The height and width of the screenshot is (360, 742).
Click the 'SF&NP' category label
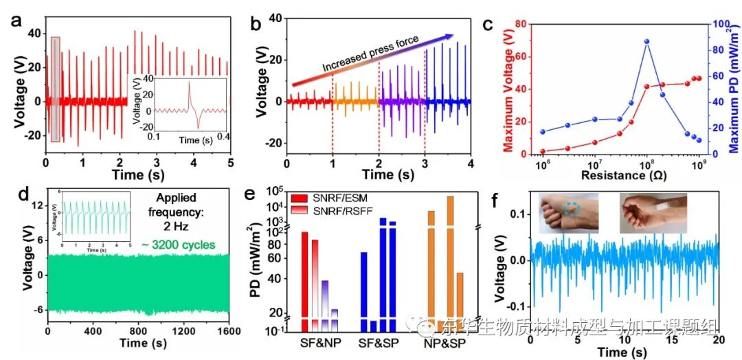[319, 341]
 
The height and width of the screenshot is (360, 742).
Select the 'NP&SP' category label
[449, 341]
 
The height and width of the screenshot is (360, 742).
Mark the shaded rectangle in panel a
[56, 89]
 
